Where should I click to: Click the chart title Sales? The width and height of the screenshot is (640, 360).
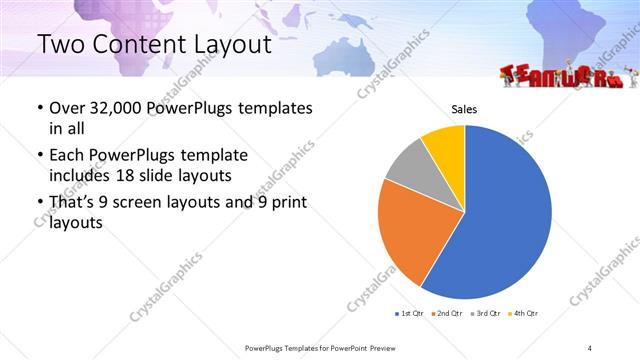tap(464, 108)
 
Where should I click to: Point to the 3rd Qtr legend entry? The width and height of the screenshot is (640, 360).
tap(483, 314)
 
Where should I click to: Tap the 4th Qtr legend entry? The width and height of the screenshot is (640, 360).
tap(521, 314)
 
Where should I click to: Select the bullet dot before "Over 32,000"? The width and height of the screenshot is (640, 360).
tap(39, 108)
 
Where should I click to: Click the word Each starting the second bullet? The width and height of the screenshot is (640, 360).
tap(67, 156)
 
